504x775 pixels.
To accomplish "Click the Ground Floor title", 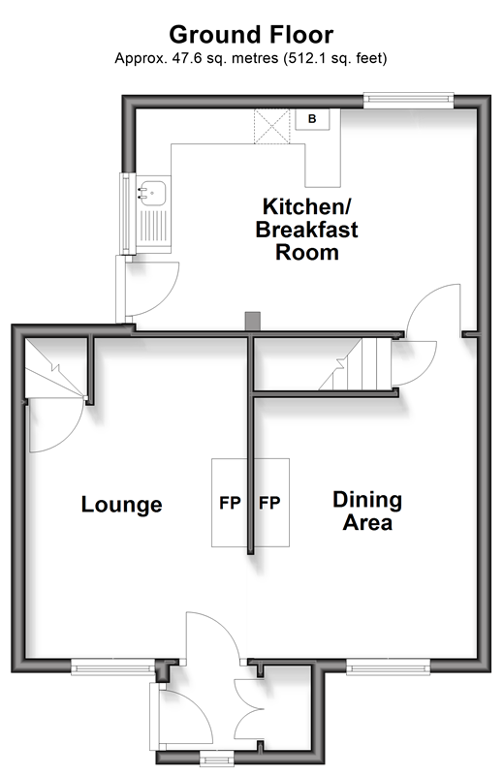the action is coord(251,35).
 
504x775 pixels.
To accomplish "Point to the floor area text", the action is coord(251,58).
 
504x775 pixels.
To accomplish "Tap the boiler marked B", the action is coord(312,119).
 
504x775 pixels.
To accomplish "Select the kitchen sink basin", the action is coord(151,192).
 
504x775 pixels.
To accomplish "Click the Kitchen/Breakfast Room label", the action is coord(306,230).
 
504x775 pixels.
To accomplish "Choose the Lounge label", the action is coord(122,505).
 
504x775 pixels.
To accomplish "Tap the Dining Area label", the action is coord(367,511).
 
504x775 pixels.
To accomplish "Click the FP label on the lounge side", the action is coord(230,503).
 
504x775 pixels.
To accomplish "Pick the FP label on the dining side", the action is coord(269,503).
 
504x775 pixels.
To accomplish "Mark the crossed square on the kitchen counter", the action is coord(271,127).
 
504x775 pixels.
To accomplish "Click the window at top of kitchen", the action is coord(409,101).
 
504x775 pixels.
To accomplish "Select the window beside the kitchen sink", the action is coord(127,213).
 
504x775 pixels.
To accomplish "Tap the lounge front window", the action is coord(113,667).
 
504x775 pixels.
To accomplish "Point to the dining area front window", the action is coord(389,667).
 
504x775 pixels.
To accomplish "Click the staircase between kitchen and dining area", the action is coord(356,364).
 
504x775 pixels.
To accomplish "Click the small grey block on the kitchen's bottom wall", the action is coord(253,322).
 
